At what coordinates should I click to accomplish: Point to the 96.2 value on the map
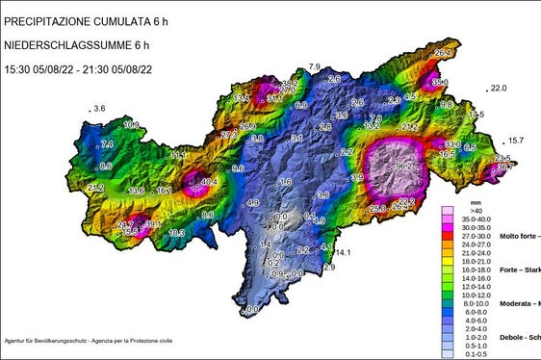click(405, 167)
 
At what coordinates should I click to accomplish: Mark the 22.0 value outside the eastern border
click(498, 89)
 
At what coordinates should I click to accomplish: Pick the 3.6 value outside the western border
click(98, 109)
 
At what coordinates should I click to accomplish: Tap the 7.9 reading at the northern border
click(314, 66)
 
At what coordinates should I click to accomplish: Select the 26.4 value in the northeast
click(443, 53)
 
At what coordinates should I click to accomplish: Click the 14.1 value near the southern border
click(343, 253)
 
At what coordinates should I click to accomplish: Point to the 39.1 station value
click(151, 224)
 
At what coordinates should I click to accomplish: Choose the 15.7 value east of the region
click(516, 141)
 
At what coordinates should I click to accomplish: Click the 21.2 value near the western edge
click(95, 187)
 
